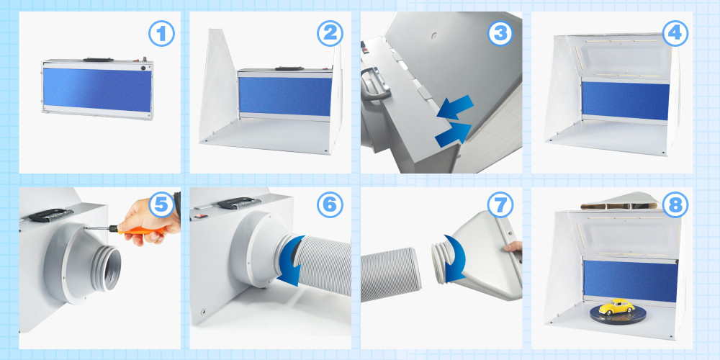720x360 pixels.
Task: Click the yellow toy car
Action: click(616, 306)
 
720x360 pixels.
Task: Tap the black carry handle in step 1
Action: click(98, 59)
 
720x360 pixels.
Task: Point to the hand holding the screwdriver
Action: click(150, 220)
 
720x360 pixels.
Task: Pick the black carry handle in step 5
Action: click(50, 215)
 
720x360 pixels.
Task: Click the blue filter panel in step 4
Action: click(626, 101)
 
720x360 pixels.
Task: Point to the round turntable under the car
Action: click(618, 314)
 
